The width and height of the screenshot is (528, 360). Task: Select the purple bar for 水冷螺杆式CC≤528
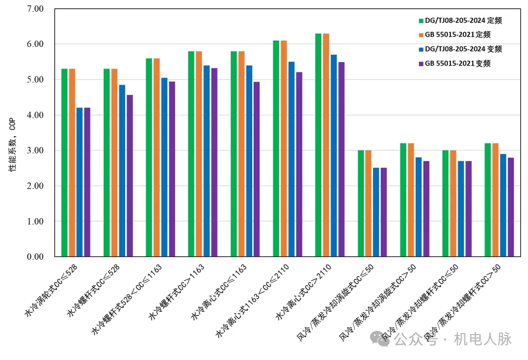(130, 176)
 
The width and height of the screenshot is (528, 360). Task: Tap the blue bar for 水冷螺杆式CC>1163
(206, 161)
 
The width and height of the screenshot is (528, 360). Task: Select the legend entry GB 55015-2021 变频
(458, 63)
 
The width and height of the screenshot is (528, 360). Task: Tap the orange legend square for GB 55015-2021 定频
(420, 35)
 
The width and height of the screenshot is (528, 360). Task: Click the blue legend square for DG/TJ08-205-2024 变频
(420, 49)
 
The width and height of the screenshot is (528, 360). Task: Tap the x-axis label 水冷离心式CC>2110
(304, 292)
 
